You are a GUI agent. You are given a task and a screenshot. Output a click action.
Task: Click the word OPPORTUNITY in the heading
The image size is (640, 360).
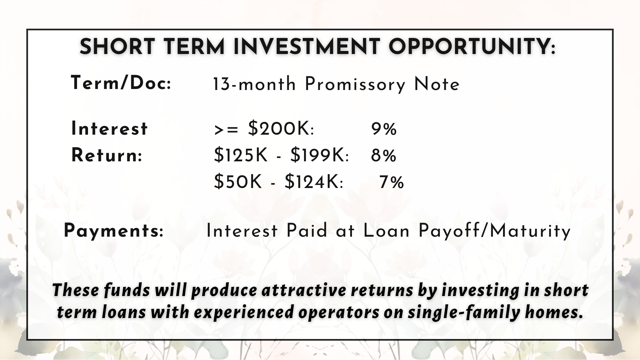[472, 47]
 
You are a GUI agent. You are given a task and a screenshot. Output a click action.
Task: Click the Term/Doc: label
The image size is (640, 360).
[121, 83]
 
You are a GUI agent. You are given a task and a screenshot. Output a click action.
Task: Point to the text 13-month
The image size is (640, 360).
[254, 84]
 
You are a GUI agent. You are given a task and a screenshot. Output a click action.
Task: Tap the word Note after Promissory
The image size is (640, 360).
[437, 84]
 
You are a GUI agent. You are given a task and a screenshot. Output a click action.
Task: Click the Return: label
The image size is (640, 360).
[107, 155]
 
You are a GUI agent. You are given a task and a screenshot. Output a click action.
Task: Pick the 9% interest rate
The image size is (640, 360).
[384, 129]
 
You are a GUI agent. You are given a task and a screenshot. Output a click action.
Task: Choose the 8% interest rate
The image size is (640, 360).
[384, 156]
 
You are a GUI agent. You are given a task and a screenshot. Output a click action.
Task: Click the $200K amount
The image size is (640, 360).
[281, 129]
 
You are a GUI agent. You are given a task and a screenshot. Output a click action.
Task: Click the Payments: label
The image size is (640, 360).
[114, 231]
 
